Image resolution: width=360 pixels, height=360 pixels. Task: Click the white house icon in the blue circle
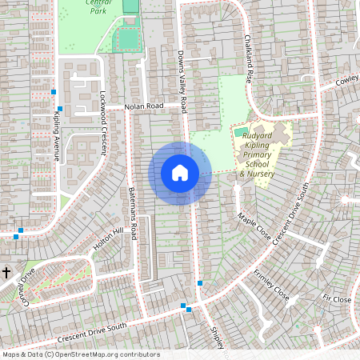(180, 173)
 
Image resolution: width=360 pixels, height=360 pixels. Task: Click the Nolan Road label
(143, 106)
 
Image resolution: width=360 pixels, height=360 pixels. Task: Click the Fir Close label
(337, 298)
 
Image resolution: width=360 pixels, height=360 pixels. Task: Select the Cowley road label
(347, 81)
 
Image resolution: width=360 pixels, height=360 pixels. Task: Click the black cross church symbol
(6, 273)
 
